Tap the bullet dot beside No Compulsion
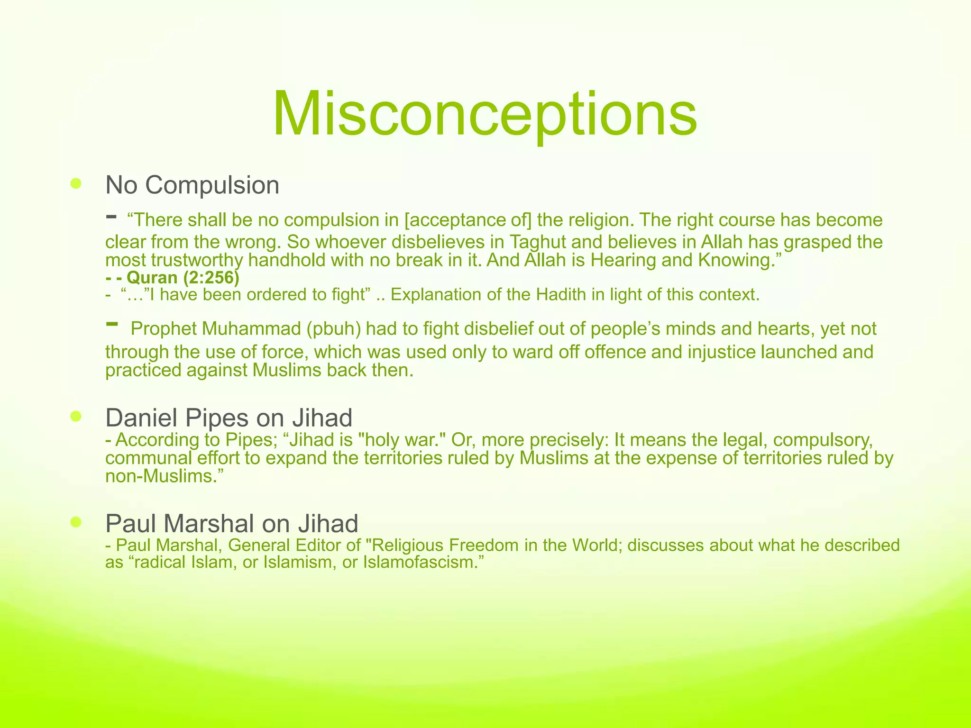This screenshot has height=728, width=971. pyautogui.click(x=76, y=183)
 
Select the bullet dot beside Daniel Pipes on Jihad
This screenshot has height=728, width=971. pyautogui.click(x=76, y=417)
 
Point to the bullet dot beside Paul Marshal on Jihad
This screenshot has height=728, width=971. pyautogui.click(x=76, y=522)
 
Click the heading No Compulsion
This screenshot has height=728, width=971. pyautogui.click(x=192, y=185)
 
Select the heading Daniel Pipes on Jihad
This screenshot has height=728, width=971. pyautogui.click(x=229, y=418)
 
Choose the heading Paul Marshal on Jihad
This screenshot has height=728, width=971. pyautogui.click(x=231, y=524)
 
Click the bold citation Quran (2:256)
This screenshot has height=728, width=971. pyautogui.click(x=183, y=277)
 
